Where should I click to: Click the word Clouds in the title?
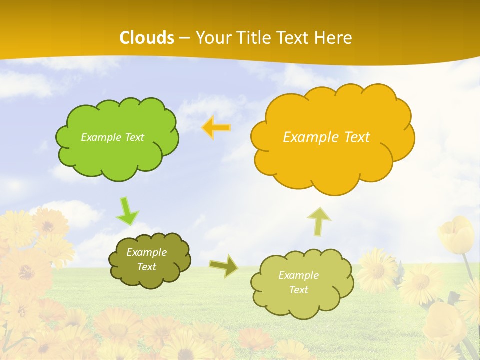coord(147,38)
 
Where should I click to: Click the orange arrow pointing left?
coord(216,128)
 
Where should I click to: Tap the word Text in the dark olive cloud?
coord(146,267)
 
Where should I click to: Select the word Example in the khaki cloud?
coord(298,275)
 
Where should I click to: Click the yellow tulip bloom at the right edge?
coord(456,235)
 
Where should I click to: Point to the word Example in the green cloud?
coord(101,137)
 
